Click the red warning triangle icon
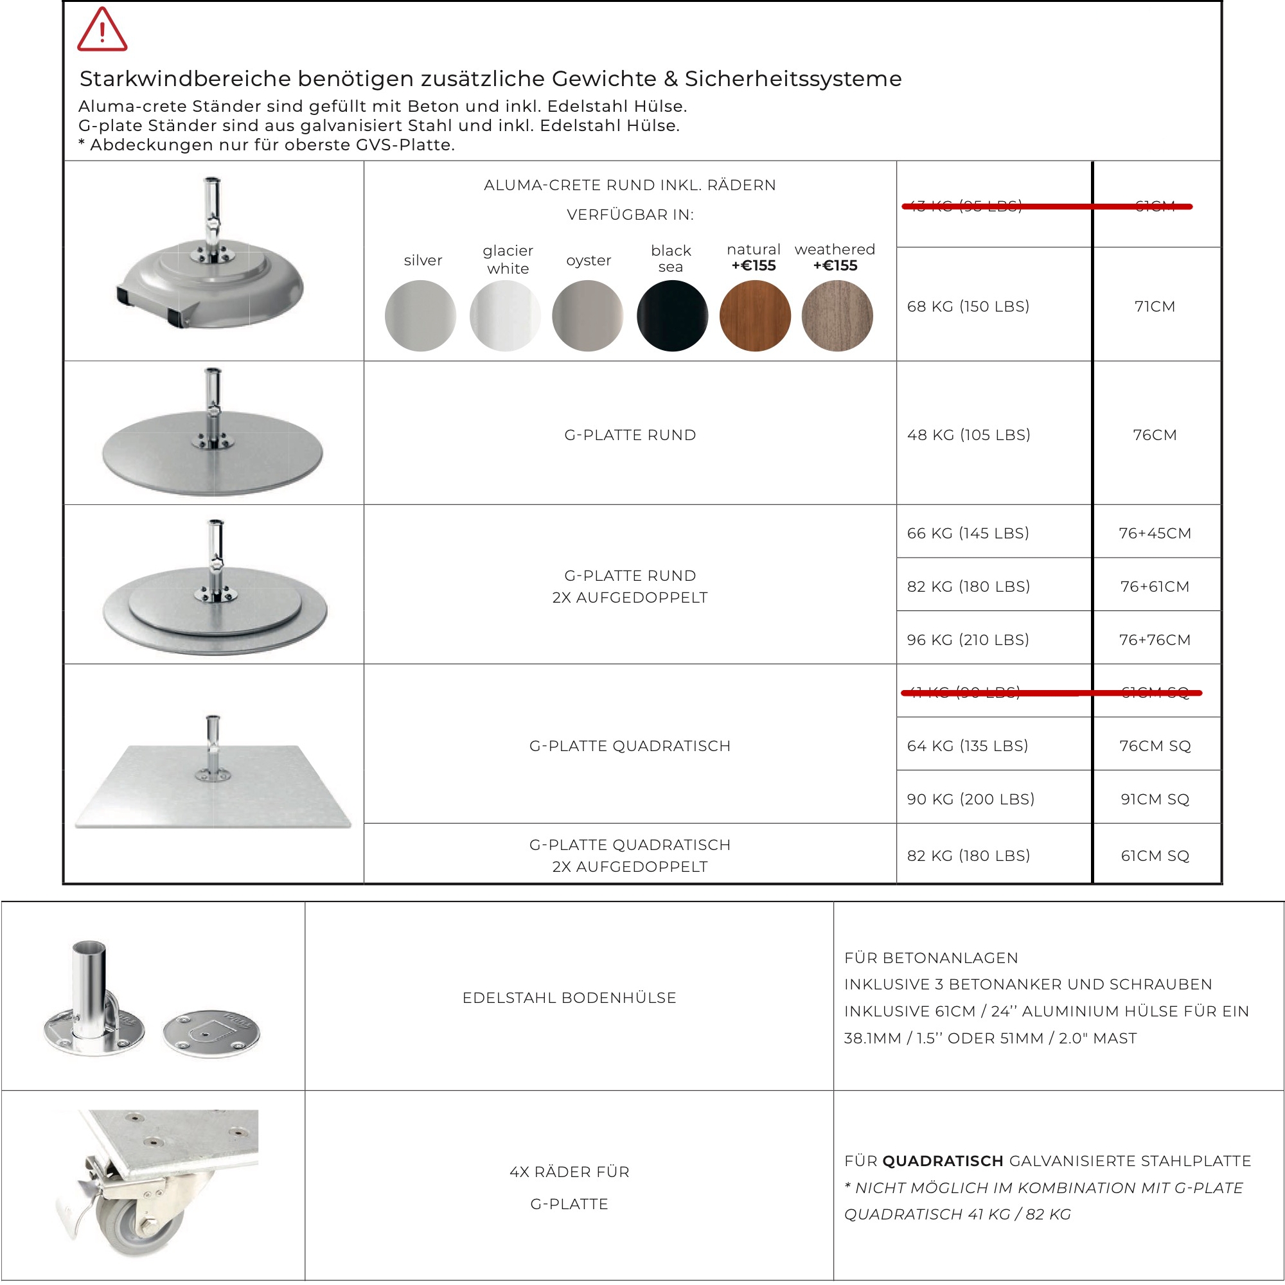click(102, 31)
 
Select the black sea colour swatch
click(672, 315)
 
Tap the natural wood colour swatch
click(755, 315)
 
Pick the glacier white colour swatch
click(505, 315)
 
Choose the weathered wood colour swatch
click(837, 315)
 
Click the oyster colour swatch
click(587, 315)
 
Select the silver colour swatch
click(420, 315)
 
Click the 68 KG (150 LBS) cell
click(968, 306)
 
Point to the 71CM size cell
click(1155, 306)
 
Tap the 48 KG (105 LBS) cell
click(968, 435)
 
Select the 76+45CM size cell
click(1155, 533)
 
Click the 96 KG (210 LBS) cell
click(968, 640)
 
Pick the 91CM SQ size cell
click(1155, 799)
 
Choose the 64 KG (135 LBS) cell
click(967, 746)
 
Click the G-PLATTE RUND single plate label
click(630, 435)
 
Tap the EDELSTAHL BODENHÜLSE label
click(569, 998)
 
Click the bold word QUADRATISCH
click(943, 1161)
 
